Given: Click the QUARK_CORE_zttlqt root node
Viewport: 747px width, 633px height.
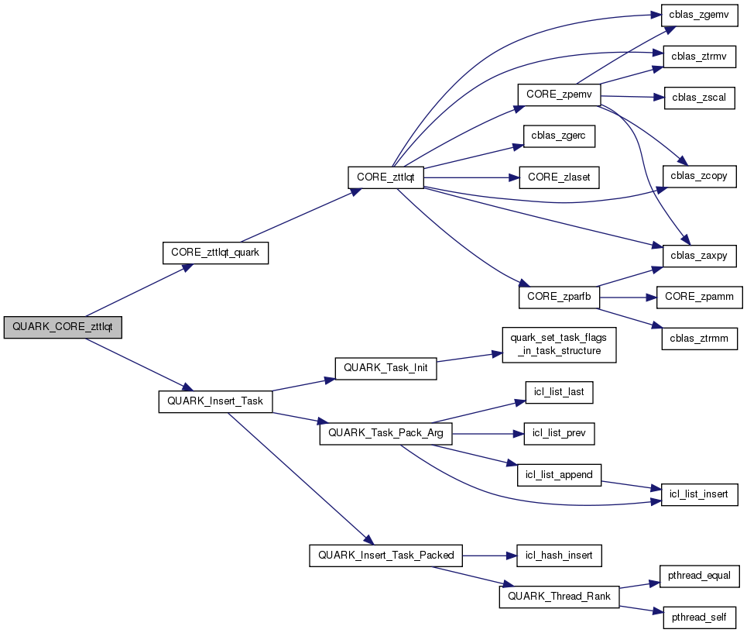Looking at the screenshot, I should (x=63, y=328).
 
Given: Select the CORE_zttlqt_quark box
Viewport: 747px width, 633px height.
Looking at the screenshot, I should (x=215, y=253).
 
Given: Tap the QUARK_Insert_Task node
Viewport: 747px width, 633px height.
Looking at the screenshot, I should (x=216, y=401).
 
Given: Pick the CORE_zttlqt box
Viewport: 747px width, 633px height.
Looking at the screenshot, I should (x=385, y=177).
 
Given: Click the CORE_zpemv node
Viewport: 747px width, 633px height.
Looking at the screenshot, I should (x=559, y=95).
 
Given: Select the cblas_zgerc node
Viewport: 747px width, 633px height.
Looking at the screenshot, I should (x=558, y=136).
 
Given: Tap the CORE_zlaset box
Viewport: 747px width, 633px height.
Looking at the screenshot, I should (x=559, y=177).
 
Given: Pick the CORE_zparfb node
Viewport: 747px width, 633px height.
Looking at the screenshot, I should (x=559, y=297).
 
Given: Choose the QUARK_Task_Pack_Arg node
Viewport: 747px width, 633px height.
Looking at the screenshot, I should (x=385, y=433).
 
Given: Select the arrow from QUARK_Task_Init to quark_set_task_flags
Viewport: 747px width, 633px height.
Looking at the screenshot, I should (x=465, y=359).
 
